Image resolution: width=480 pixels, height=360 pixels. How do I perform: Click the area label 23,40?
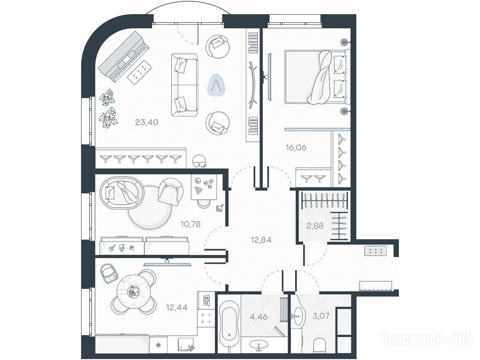pos(147,122)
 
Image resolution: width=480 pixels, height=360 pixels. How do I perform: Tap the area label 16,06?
pos(296,148)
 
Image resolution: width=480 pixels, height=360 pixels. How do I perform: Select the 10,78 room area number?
pos(190,224)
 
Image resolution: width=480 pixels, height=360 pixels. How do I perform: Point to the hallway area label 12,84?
pos(261,240)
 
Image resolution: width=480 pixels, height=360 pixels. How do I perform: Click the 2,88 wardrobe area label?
pos(315,226)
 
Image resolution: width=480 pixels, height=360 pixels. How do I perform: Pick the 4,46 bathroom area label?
pos(259,316)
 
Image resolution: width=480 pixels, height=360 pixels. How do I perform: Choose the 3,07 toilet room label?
pos(321,315)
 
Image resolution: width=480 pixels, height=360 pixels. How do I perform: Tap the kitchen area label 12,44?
pos(176,307)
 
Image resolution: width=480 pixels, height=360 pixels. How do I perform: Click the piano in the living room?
pos(123,57)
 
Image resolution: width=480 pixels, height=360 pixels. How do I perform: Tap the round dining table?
pos(134,292)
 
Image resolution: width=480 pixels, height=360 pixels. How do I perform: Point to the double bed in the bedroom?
pos(317,76)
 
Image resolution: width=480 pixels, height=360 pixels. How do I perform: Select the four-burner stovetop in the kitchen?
pos(206,318)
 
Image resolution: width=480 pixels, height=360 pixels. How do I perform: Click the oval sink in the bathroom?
pos(259,345)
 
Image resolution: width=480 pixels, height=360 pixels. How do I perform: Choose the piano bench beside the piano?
pos(140,71)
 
